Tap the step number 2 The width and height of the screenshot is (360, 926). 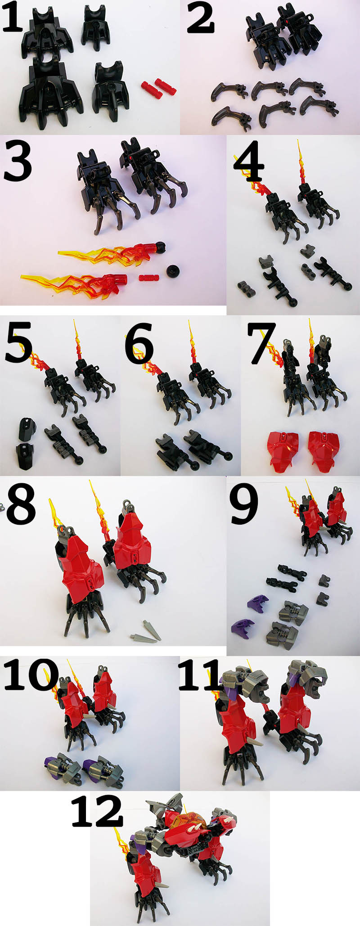[200, 19]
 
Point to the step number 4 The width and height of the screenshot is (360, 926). [248, 162]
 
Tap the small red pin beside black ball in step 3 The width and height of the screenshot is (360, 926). [149, 277]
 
